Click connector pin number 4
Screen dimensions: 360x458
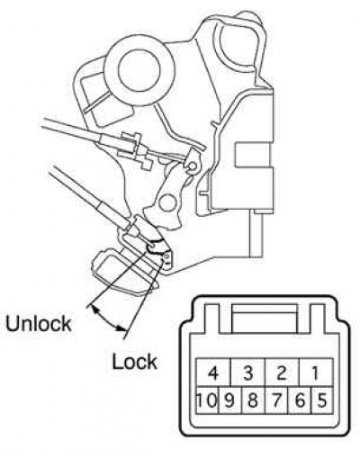pyautogui.click(x=213, y=372)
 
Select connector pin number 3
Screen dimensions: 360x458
pyautogui.click(x=247, y=372)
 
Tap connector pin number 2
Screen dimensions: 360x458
pyautogui.click(x=282, y=372)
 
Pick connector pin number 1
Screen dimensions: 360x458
pyautogui.click(x=316, y=372)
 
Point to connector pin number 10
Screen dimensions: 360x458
pyautogui.click(x=207, y=400)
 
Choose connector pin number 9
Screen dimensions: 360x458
pyautogui.click(x=229, y=400)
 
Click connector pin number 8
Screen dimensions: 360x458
pyautogui.click(x=253, y=400)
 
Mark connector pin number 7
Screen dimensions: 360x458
pyautogui.click(x=276, y=400)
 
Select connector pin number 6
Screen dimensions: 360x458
pyautogui.click(x=300, y=400)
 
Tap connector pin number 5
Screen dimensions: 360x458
pyautogui.click(x=322, y=400)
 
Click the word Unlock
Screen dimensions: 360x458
pyautogui.click(x=39, y=323)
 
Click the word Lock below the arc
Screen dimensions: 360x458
pyautogui.click(x=134, y=362)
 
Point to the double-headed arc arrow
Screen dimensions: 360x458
pyautogui.click(x=107, y=320)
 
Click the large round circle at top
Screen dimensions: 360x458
pyautogui.click(x=139, y=69)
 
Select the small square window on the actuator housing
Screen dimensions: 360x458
pyautogui.click(x=254, y=155)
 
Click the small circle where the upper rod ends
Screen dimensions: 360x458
pyautogui.click(x=193, y=166)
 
